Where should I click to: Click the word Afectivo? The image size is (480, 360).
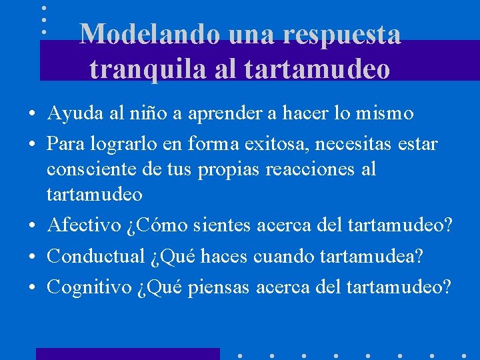click(x=83, y=226)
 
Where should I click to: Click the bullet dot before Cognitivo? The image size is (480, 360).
click(x=32, y=288)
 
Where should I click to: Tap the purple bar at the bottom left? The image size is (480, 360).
click(x=127, y=353)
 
